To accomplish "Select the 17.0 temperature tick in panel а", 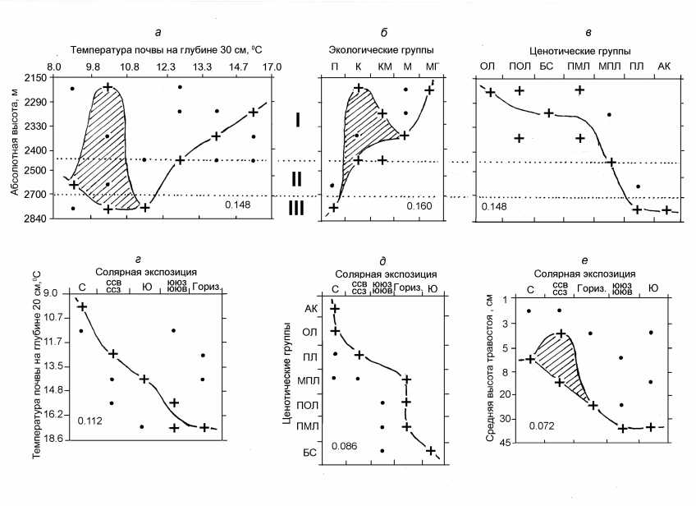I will click(272, 66).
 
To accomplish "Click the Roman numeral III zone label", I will click(297, 209).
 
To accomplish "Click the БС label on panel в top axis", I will click(547, 66).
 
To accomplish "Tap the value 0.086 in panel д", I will click(344, 446).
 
